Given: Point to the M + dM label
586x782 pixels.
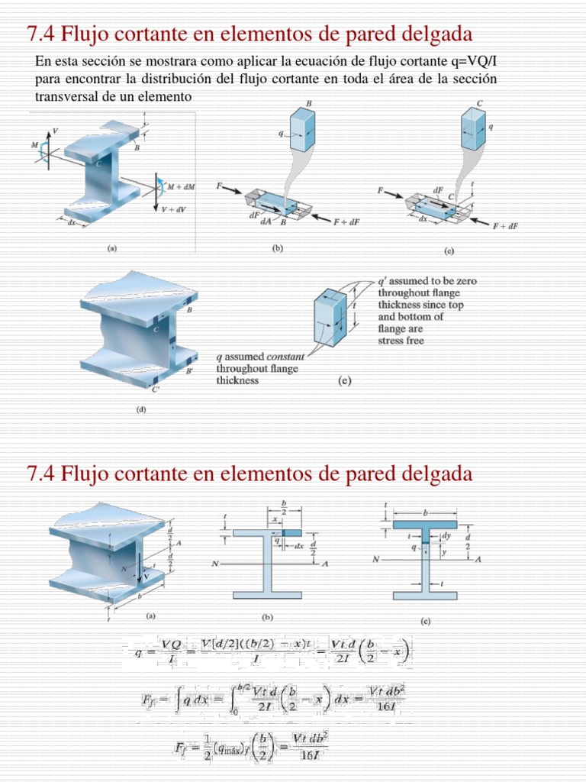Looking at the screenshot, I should pos(180,186).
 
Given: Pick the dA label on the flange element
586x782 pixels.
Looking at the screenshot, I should pos(265,221).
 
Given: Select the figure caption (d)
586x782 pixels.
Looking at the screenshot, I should pos(141,409).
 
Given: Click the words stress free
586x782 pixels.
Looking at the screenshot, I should pos(401,341).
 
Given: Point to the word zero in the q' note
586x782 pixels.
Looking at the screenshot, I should pos(465,281).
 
